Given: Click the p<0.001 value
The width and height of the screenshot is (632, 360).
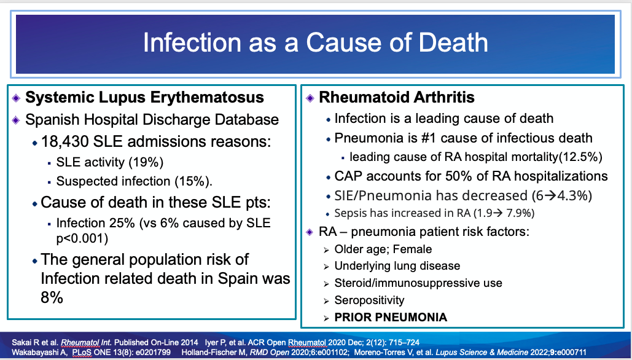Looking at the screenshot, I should click(84, 238).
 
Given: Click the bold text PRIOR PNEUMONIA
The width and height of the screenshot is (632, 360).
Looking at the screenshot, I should click(391, 318).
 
